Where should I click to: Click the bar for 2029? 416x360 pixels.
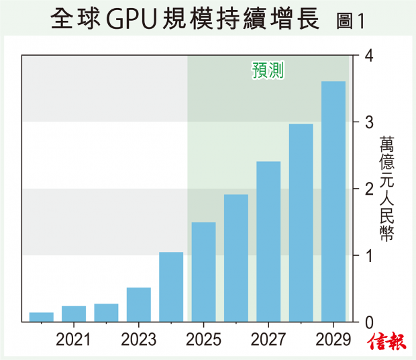pos(333,201)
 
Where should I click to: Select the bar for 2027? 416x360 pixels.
pos(268,242)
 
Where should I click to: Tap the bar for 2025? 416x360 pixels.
pos(203,272)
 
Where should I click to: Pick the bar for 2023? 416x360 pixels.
pos(139,305)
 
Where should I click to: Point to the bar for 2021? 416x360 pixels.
pos(74,314)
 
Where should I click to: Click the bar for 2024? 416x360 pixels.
pos(171,287)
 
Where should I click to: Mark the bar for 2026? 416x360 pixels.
pos(236,258)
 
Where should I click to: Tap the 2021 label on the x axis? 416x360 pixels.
pos(74,339)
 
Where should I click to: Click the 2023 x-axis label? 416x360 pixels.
pos(139,339)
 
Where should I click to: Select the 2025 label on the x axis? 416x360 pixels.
pos(203,339)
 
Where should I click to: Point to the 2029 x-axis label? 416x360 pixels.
pos(333,339)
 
